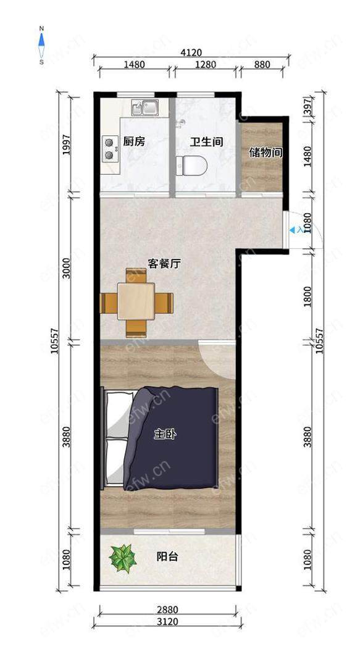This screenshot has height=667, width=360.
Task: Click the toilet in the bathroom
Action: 191,166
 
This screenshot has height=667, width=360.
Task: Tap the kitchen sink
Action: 144,107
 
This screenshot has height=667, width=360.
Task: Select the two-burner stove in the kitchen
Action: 110,149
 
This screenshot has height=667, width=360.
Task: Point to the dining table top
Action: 136,301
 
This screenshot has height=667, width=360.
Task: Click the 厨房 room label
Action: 133,141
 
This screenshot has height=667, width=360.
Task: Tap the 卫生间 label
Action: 206,141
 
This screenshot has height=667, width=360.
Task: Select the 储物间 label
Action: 266,153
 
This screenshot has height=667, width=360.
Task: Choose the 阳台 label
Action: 167,556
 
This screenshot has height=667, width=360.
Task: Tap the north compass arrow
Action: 41,40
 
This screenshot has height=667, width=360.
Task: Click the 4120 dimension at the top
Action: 191,52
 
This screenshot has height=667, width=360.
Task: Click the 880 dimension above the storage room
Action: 262,65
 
